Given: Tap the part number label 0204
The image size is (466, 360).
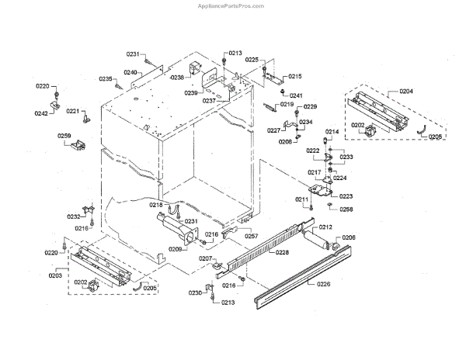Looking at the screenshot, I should (x=406, y=92).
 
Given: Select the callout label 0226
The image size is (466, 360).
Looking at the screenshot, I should (x=324, y=285).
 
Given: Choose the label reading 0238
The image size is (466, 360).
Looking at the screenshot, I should (x=177, y=78).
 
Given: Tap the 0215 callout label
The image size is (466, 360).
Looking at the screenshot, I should (x=295, y=76).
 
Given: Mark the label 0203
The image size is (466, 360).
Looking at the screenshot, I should (x=56, y=275).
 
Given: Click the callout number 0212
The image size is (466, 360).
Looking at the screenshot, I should (x=325, y=227).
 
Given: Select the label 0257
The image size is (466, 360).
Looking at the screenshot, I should (x=252, y=236).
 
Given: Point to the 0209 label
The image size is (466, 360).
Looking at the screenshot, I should (x=176, y=249).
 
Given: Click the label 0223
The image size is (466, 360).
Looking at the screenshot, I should (x=346, y=196).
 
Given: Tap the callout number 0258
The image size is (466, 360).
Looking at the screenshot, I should (x=346, y=209).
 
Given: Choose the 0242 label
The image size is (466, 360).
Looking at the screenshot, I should (x=41, y=114).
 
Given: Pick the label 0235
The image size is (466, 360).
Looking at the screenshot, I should (x=106, y=79).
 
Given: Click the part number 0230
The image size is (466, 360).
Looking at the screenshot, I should (x=195, y=293).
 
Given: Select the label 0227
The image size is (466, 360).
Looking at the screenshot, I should (x=274, y=130).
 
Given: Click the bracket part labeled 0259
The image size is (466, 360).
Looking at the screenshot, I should (x=80, y=145).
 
